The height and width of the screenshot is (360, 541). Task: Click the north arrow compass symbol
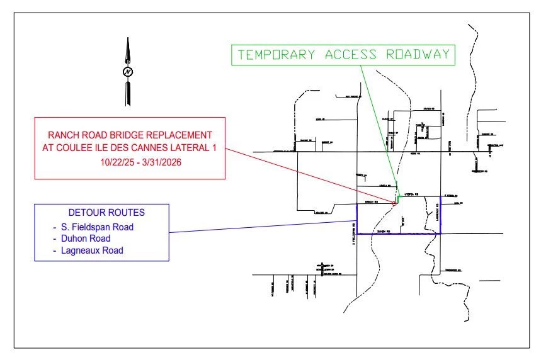click(128, 71)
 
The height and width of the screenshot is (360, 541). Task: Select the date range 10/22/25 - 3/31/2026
click(131, 162)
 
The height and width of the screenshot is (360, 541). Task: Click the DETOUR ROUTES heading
click(101, 213)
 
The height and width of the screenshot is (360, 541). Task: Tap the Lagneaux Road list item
click(88, 250)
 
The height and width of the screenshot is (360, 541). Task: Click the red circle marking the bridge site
click(394, 203)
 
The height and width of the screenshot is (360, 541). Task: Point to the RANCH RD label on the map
click(372, 202)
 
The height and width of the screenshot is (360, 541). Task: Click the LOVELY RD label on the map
click(385, 186)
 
